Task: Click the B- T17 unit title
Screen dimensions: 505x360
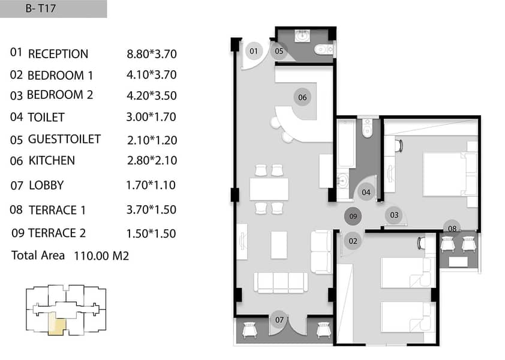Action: click(41, 8)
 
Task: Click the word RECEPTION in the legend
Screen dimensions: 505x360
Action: click(58, 54)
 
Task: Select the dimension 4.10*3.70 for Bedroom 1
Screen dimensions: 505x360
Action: click(151, 75)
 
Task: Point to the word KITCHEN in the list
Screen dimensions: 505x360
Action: click(52, 161)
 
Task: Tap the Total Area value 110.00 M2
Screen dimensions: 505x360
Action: click(101, 256)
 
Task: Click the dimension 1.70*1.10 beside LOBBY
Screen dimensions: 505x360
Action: click(151, 185)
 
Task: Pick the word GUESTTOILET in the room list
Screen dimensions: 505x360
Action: click(64, 139)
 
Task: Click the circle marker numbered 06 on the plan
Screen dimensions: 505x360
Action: click(302, 97)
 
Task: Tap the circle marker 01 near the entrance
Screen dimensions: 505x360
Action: click(254, 51)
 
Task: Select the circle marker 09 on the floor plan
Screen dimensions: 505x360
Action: click(353, 216)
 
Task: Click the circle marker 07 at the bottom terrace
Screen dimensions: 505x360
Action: click(279, 320)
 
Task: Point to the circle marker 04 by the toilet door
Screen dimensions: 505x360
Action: click(366, 193)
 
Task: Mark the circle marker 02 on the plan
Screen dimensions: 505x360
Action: click(353, 241)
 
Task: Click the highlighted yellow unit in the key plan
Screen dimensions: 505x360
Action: click(56, 324)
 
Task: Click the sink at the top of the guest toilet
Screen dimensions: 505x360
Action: click(302, 35)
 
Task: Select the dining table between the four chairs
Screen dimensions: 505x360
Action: click(269, 189)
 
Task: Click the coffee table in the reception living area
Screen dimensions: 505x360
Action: click(279, 245)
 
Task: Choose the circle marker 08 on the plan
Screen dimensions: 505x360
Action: click(452, 228)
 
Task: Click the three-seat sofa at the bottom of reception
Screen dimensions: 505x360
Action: click(281, 283)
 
